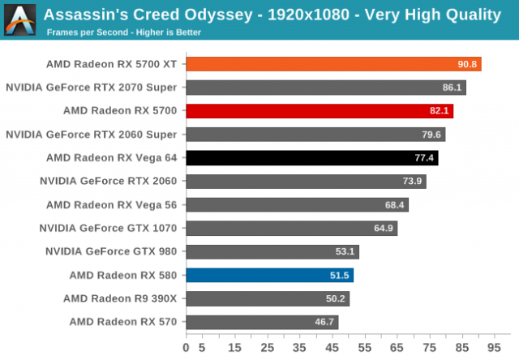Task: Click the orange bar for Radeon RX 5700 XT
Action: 333,64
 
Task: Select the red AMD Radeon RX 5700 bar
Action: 320,111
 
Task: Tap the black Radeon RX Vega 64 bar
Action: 312,157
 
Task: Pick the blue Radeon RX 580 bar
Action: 270,275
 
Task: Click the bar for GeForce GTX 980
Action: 272,251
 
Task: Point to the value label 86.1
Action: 453,88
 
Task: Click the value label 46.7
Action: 324,322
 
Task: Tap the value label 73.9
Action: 413,181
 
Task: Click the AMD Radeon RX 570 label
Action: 123,322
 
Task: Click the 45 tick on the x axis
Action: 332,347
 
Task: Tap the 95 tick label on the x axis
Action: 495,347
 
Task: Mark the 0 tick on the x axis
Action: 187,347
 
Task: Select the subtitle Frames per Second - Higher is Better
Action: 123,32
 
